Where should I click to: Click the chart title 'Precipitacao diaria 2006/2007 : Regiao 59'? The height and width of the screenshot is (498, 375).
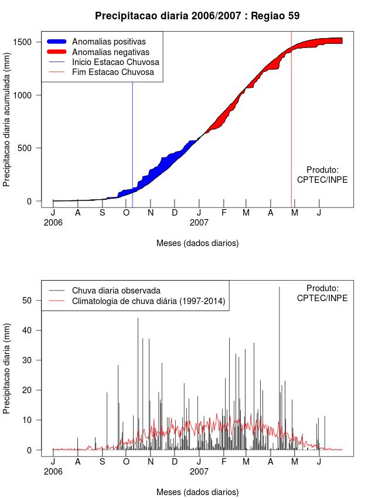[197, 16]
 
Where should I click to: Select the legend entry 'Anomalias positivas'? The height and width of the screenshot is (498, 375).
[108, 42]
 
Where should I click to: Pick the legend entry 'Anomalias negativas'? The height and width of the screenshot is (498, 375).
[109, 52]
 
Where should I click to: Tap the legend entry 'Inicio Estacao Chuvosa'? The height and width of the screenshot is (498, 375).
[115, 62]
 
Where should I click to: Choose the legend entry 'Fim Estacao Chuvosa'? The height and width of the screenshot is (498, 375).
[113, 73]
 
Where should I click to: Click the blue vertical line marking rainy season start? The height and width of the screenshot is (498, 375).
[132, 146]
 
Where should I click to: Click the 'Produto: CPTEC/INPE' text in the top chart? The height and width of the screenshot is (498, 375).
[322, 175]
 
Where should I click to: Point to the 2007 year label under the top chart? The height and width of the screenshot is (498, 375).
[199, 223]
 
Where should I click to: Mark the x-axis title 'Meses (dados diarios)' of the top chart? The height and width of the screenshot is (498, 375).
[197, 243]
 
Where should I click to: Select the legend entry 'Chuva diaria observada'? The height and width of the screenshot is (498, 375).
[116, 290]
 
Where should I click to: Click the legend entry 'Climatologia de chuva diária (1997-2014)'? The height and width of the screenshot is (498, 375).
[149, 301]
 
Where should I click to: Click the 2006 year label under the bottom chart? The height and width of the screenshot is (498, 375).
[53, 471]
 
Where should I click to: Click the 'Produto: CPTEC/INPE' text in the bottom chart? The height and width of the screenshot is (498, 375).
[322, 293]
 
